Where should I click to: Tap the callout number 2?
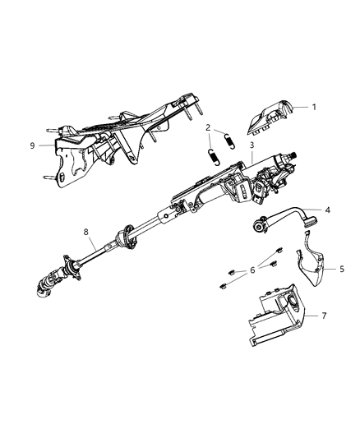point(209,127)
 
